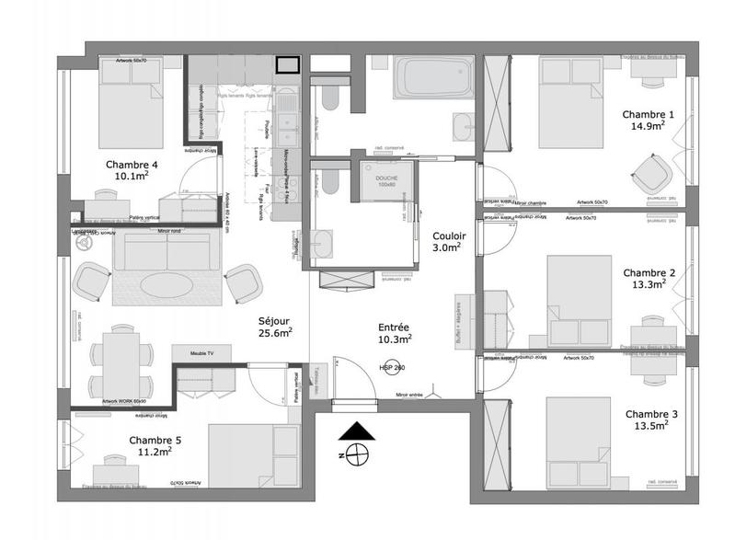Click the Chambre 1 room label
pyautogui.click(x=649, y=114)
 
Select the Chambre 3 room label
pyautogui.click(x=650, y=414)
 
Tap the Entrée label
pyautogui.click(x=395, y=327)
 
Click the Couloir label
pyautogui.click(x=450, y=236)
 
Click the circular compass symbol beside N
pyautogui.click(x=357, y=454)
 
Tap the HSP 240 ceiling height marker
pyautogui.click(x=392, y=367)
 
